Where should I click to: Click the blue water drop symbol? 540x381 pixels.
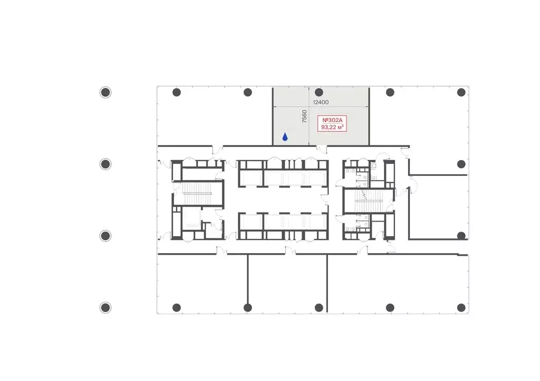285,137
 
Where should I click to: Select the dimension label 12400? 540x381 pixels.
321,102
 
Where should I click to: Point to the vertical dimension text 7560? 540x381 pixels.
304,116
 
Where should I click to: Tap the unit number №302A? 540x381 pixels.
332,120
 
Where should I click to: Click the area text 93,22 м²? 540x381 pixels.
332,127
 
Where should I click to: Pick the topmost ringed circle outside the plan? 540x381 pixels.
105,92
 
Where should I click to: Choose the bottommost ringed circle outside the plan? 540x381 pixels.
105,307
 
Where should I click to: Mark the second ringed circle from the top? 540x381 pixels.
105,164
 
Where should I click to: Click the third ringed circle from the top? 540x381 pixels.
105,236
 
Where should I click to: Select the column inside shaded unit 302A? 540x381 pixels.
319,92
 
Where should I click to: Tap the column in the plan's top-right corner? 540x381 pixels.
461,92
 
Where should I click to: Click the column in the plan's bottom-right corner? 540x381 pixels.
461,307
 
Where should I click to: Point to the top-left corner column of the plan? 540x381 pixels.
176,92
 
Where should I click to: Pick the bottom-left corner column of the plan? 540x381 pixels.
176,307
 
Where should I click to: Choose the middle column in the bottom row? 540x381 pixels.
319,307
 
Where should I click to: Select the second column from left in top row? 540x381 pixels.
248,92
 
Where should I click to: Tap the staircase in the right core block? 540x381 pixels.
369,201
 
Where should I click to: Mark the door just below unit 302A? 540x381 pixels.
322,149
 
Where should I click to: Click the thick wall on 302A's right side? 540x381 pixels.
369,116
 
